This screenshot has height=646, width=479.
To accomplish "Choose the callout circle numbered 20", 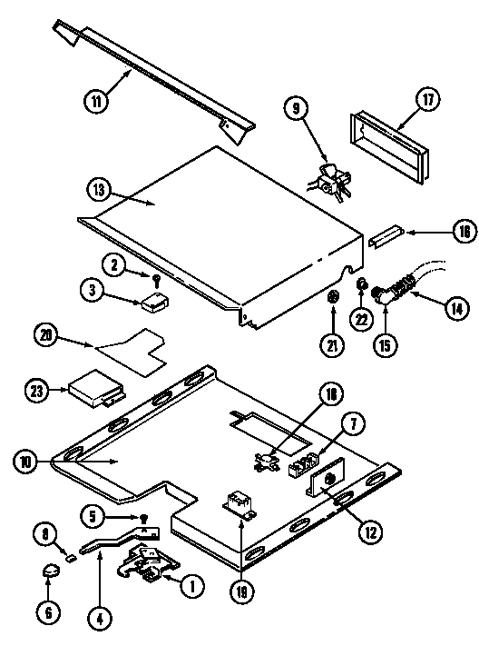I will click(x=47, y=334).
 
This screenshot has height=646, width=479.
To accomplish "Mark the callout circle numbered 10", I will click(x=26, y=462).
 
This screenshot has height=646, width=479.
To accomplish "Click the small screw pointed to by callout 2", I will click(x=156, y=279).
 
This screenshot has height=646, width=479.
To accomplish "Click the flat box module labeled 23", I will click(x=93, y=387).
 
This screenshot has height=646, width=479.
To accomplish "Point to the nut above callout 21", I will click(x=334, y=297).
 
